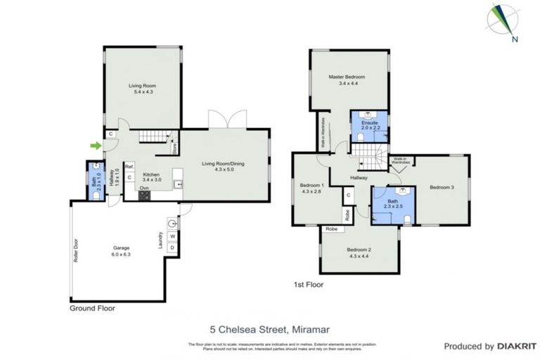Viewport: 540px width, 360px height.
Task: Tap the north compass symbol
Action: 507,22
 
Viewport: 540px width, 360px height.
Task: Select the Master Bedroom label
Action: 346,80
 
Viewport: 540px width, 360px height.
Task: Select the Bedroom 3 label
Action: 442,187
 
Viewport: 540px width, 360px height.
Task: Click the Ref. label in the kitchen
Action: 129,167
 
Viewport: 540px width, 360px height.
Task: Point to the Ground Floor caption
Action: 91,308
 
